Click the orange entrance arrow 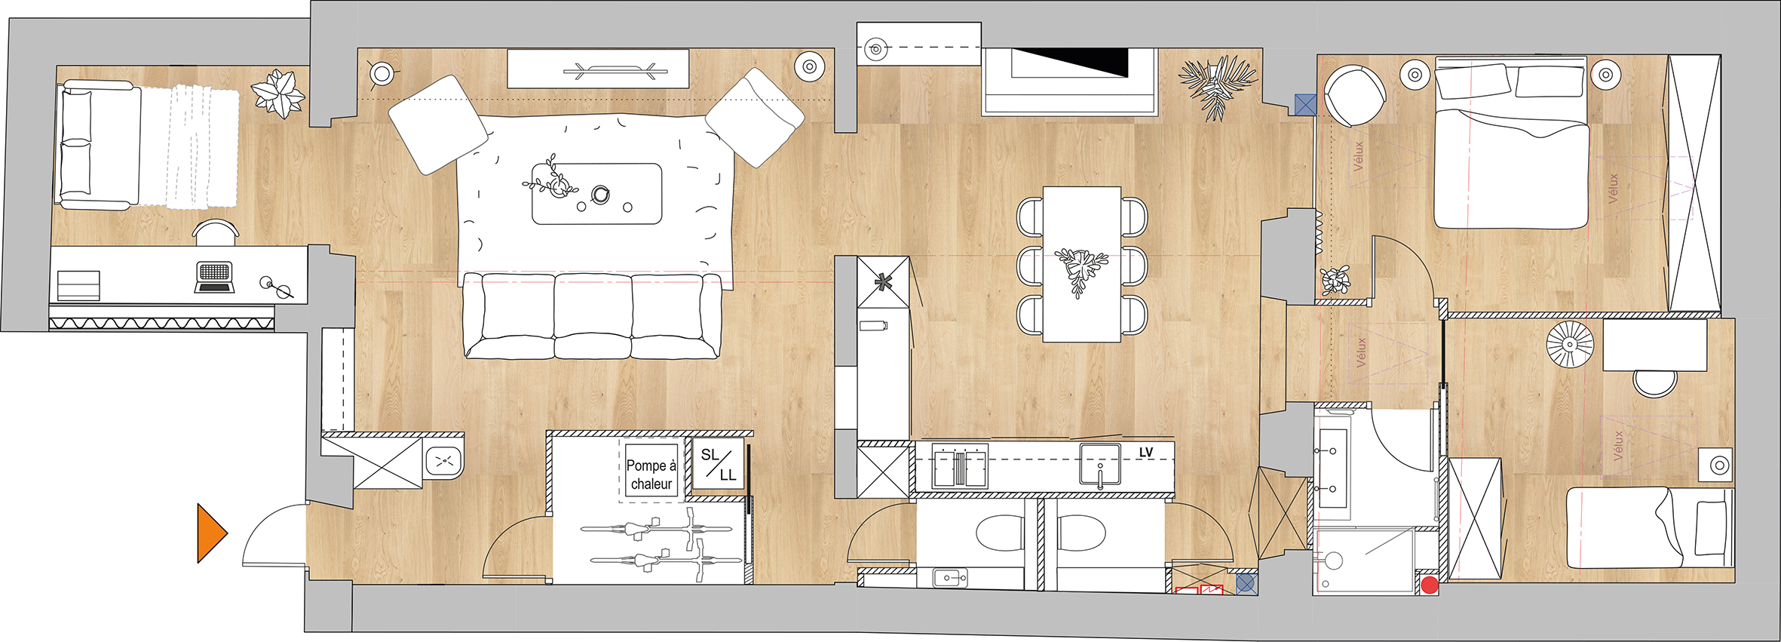211,533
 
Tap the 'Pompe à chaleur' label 651,475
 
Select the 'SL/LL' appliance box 718,464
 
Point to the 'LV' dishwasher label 1145,453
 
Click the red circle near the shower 1429,585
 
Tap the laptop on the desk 214,277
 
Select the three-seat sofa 593,315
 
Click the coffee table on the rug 596,194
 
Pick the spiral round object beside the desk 1570,344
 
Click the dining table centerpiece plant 1081,270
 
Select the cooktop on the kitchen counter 960,467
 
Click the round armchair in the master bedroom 1354,96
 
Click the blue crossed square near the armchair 1305,104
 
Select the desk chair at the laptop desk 216,232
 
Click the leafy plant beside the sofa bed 278,94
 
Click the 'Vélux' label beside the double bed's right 1613,189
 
